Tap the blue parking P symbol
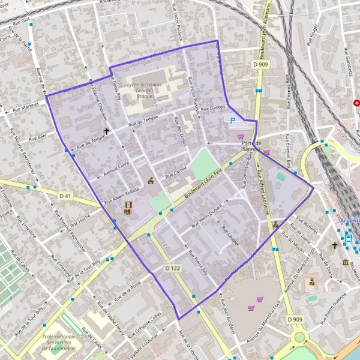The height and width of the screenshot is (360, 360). [x=233, y=121]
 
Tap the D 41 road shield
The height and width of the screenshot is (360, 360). [x=65, y=196]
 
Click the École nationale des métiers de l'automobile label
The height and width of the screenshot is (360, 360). [x=59, y=341]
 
